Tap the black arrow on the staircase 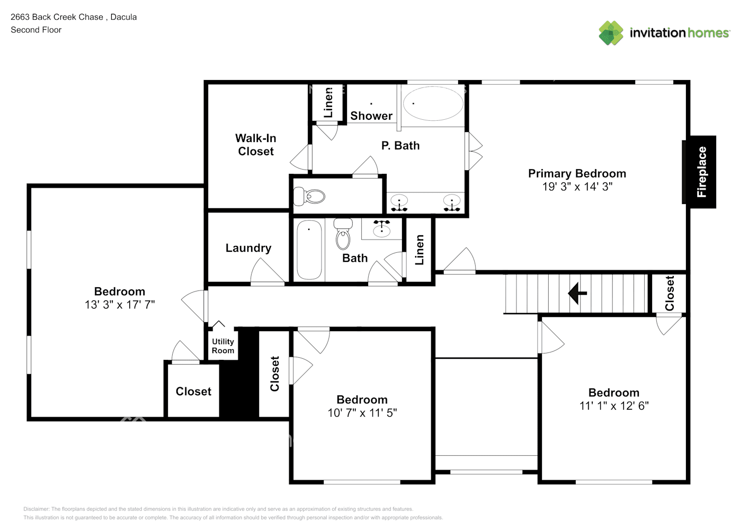pos(577,294)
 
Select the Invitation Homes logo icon pos(611,33)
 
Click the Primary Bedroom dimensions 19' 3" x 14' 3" pos(577,187)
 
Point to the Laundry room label pos(248,248)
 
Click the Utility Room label pos(223,346)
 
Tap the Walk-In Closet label pos(256,145)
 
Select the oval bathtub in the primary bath pos(433,103)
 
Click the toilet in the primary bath pos(309,197)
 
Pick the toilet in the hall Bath pos(343,234)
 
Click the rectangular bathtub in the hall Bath pos(309,250)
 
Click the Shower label pos(371,116)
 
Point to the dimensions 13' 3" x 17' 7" pos(120,304)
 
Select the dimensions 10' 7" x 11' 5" pos(362,412)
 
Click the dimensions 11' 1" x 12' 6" pos(614,405)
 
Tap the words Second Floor pos(36,30)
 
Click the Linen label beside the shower pos(328,103)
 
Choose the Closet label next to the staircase pos(670,294)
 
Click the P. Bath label pos(400,146)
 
